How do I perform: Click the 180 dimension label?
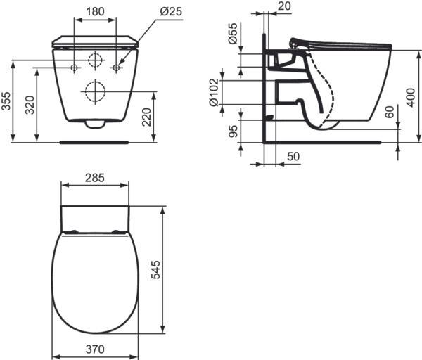[96, 11]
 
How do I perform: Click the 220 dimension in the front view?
[146, 115]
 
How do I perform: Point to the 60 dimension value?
[390, 112]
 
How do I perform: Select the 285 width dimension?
[95, 178]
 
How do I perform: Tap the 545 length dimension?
[156, 271]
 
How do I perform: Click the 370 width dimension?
[95, 349]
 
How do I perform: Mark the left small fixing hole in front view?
[75, 67]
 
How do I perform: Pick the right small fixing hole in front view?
[116, 67]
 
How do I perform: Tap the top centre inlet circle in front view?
[96, 59]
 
